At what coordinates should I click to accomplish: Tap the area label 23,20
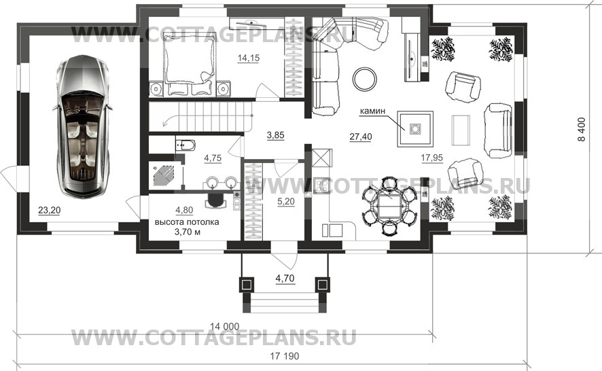click(x=49, y=210)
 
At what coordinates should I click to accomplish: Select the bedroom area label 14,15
click(x=249, y=58)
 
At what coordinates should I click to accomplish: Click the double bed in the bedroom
click(x=188, y=63)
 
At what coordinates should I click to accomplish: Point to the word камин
click(x=372, y=111)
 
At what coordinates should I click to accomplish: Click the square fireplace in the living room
click(x=415, y=128)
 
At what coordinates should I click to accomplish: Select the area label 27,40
click(x=361, y=137)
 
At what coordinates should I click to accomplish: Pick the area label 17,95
click(x=432, y=158)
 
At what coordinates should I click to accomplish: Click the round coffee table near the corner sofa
click(x=365, y=79)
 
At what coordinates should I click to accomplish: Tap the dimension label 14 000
click(x=225, y=326)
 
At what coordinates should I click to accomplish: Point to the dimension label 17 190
click(x=285, y=356)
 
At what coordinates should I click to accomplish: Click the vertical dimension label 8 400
click(x=582, y=129)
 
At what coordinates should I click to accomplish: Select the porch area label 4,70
click(x=285, y=278)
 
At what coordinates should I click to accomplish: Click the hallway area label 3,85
click(x=275, y=135)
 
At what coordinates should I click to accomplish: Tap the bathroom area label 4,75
click(x=213, y=158)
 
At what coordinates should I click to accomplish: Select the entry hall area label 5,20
click(x=285, y=202)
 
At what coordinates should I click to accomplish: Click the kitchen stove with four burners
click(x=321, y=186)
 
